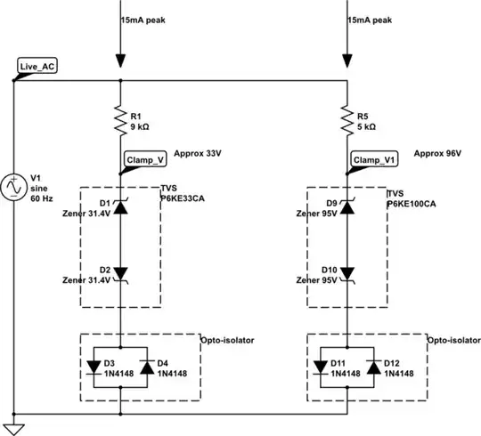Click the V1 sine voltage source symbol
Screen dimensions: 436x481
point(15,188)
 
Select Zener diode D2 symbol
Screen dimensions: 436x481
point(119,274)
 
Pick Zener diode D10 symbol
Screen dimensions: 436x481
point(346,274)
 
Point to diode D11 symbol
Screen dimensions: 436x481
point(322,364)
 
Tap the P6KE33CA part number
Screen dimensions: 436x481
point(185,204)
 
